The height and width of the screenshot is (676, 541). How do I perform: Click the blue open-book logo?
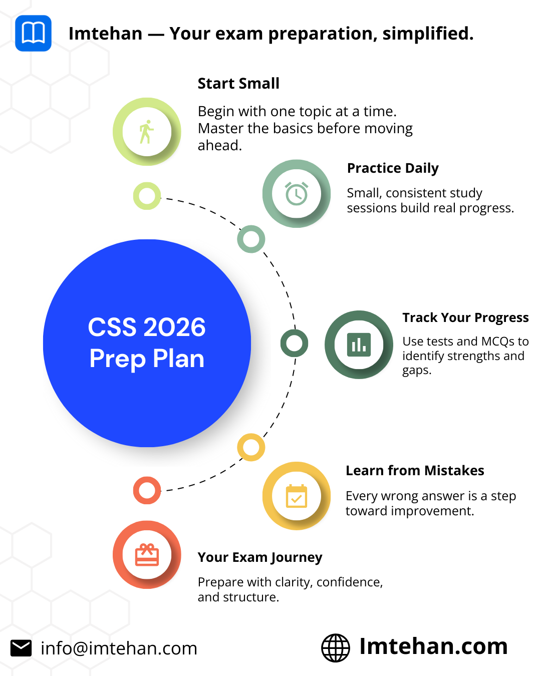tap(33, 33)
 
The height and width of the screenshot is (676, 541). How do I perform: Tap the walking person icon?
tap(146, 132)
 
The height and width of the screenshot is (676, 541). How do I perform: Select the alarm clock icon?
tap(297, 193)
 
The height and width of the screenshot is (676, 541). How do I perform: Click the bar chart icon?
tap(359, 345)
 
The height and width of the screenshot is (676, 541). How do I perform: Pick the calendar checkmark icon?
tap(297, 496)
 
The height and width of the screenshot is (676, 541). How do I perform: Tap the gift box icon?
tap(147, 554)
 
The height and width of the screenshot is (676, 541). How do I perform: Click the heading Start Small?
tap(238, 84)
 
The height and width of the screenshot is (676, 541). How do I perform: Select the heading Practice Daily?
tap(393, 168)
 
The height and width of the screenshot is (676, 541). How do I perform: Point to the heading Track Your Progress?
tap(465, 317)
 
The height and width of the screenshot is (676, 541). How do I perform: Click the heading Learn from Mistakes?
tap(415, 470)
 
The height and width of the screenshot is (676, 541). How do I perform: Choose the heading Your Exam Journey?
tap(260, 557)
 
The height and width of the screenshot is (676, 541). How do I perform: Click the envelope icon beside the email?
tap(21, 648)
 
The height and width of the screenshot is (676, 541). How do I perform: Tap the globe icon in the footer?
tap(336, 648)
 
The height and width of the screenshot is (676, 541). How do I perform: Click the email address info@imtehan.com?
tap(119, 648)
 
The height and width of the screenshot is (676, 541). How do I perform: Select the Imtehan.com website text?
tap(433, 646)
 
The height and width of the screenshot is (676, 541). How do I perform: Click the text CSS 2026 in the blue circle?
tap(147, 327)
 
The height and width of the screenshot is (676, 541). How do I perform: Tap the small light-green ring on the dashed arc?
tap(147, 196)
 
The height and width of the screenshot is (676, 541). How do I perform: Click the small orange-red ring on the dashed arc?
tap(147, 490)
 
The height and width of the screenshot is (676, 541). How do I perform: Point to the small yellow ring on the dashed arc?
tap(251, 447)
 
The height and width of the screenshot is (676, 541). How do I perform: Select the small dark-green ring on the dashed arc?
tap(294, 343)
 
